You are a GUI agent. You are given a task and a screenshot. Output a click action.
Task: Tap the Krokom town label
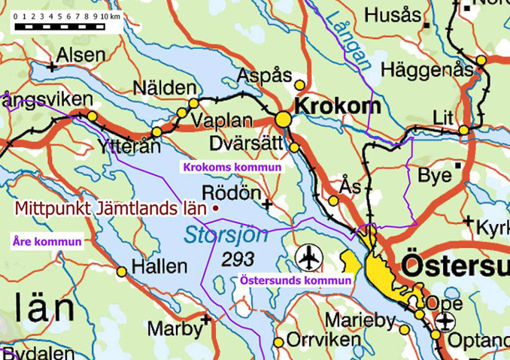[x=337, y=107]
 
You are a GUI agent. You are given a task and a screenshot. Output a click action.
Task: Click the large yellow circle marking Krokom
[x=283, y=119]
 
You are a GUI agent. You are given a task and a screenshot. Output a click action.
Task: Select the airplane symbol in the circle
[x=308, y=256]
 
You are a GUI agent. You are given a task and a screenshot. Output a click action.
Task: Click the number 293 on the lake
[x=238, y=259]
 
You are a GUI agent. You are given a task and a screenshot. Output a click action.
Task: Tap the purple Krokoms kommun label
[x=232, y=167]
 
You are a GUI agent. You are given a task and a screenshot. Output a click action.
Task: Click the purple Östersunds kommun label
[x=296, y=280]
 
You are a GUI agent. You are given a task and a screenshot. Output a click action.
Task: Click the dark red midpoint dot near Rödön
[x=216, y=207]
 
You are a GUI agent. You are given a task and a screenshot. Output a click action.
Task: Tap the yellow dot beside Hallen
[x=121, y=271]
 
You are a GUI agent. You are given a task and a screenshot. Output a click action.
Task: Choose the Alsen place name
[x=82, y=54]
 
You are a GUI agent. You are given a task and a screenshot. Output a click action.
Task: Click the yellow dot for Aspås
[x=299, y=85]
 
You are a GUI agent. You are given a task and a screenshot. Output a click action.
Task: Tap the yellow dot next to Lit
[x=464, y=130]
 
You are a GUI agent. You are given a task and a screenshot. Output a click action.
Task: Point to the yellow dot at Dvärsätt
[x=294, y=147]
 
